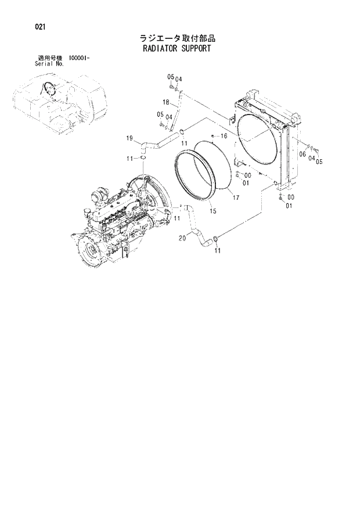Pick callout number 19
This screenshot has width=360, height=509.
(131, 137)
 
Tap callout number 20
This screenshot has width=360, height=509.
(182, 238)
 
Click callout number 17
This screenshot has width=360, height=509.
(236, 198)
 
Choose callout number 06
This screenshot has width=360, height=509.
(302, 155)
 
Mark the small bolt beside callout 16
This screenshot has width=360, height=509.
(213, 136)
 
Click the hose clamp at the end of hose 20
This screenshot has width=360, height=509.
(216, 238)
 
